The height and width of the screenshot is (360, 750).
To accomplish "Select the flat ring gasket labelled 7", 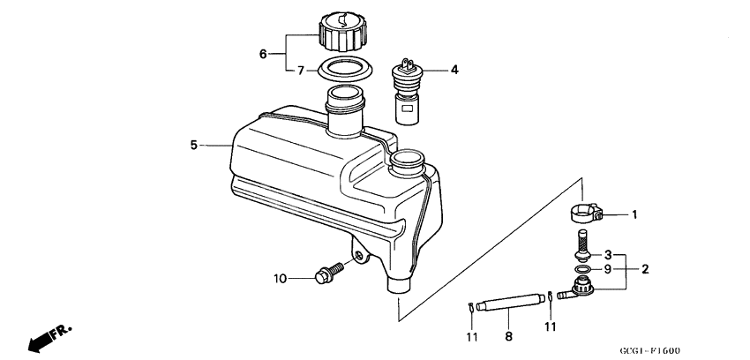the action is coord(344,67).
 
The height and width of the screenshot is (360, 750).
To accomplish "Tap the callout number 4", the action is coord(454,70).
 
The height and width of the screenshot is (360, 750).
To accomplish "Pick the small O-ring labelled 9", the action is coord(581,269).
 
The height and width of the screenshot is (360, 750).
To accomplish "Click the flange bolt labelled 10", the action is coord(330,273).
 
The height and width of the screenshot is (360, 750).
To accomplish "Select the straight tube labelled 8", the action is coord(510,304).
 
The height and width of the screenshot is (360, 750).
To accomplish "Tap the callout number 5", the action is coord(194,145).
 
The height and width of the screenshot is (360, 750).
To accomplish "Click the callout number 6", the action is coord(263,54).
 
